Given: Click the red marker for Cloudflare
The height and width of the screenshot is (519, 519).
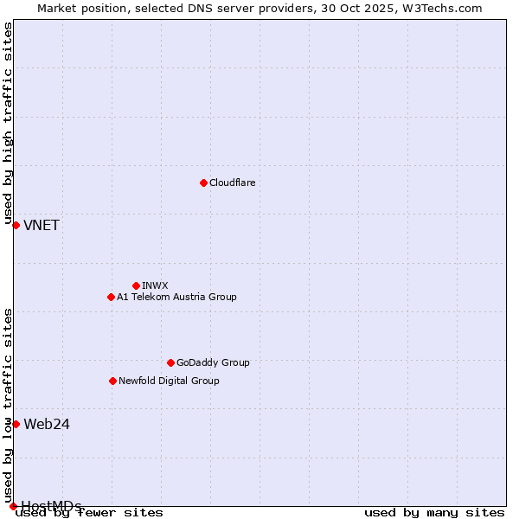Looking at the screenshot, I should (203, 183).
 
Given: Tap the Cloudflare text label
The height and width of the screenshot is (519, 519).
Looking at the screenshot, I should (232, 183).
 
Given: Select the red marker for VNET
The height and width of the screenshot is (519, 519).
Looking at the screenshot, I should (16, 225).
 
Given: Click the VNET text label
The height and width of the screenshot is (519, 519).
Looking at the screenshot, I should (42, 226).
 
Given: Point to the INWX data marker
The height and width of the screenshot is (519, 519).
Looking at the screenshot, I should (136, 285).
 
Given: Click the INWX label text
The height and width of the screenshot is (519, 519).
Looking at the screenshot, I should (155, 285).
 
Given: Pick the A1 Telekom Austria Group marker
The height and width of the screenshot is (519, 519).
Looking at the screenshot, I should (111, 297).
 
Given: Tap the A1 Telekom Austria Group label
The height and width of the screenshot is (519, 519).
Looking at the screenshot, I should (176, 297).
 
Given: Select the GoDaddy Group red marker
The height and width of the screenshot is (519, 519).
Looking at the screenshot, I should (170, 362).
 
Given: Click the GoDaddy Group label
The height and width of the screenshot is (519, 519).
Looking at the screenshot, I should (213, 362).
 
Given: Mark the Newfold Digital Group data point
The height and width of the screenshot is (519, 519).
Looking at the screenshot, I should (112, 381).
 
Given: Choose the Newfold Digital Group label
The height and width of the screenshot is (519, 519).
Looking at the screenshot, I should (169, 381).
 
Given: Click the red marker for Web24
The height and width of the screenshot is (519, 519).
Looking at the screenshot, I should (16, 424).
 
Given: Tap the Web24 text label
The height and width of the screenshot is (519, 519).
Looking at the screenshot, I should (47, 424).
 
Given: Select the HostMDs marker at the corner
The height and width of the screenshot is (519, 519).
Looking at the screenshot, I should (13, 506).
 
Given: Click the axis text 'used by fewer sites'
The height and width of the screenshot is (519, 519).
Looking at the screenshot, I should (90, 513).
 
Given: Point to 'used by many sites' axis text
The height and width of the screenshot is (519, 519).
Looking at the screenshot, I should (433, 513).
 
